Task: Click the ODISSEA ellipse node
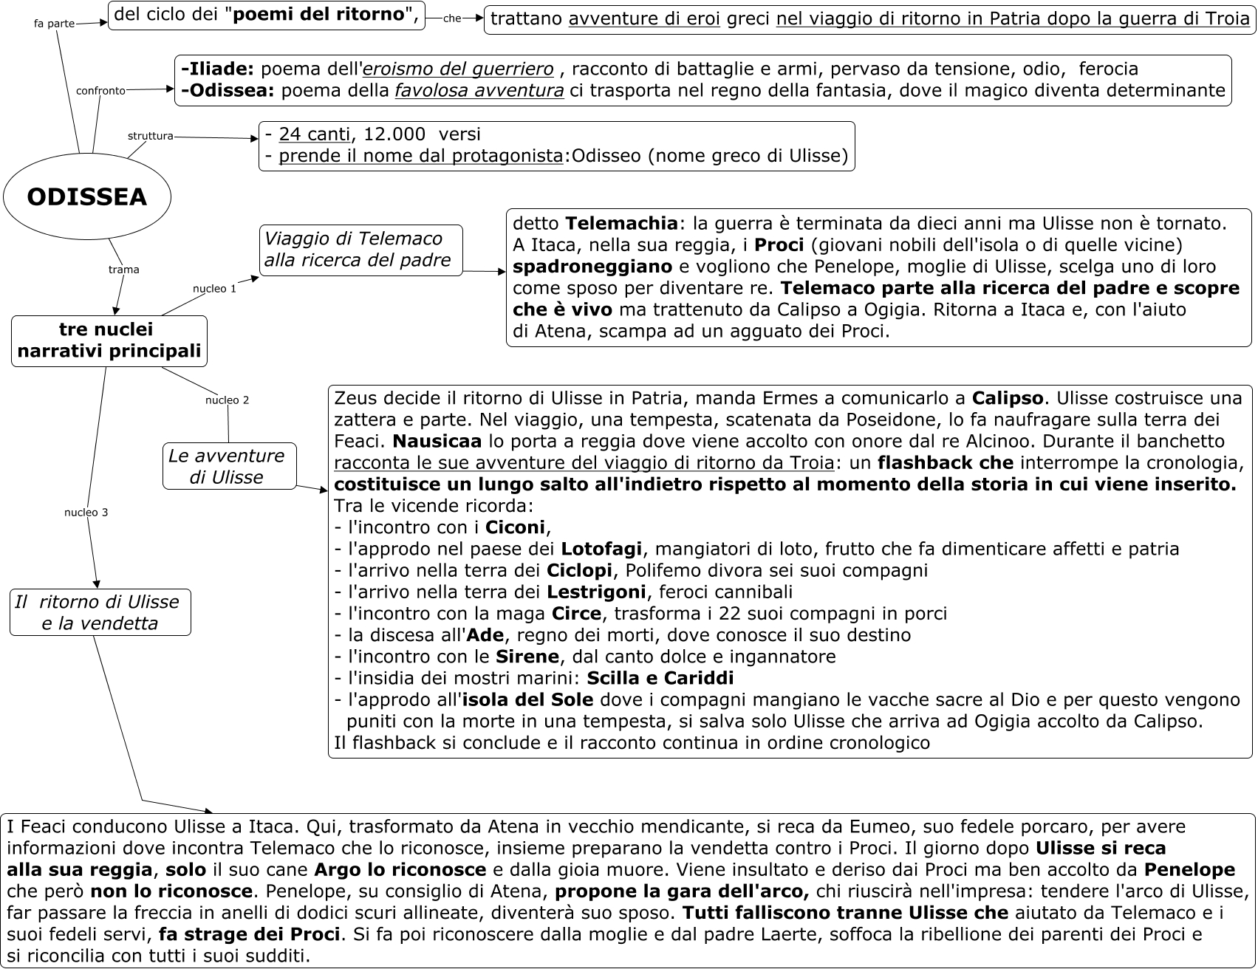pyautogui.click(x=87, y=197)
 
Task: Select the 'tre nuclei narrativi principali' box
pyautogui.click(x=109, y=340)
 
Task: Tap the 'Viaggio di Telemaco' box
pyautogui.click(x=361, y=250)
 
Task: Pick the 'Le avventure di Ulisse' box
pyautogui.click(x=229, y=466)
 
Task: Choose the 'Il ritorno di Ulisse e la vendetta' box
pyautogui.click(x=100, y=612)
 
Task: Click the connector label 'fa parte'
pyautogui.click(x=55, y=24)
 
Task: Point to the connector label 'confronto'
pyautogui.click(x=100, y=91)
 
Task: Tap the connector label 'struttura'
pyautogui.click(x=151, y=136)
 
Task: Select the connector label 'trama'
pyautogui.click(x=123, y=270)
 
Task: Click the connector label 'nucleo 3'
pyautogui.click(x=86, y=513)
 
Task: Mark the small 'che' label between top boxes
pyautogui.click(x=452, y=19)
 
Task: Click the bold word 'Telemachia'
pyautogui.click(x=622, y=223)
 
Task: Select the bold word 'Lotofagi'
pyautogui.click(x=601, y=549)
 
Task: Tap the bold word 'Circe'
pyautogui.click(x=576, y=613)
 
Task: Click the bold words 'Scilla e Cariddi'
pyautogui.click(x=660, y=678)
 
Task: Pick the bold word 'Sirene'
pyautogui.click(x=527, y=657)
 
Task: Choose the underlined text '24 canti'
pyautogui.click(x=315, y=134)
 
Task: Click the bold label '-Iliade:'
pyautogui.click(x=217, y=69)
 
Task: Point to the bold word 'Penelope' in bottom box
pyautogui.click(x=1189, y=870)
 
